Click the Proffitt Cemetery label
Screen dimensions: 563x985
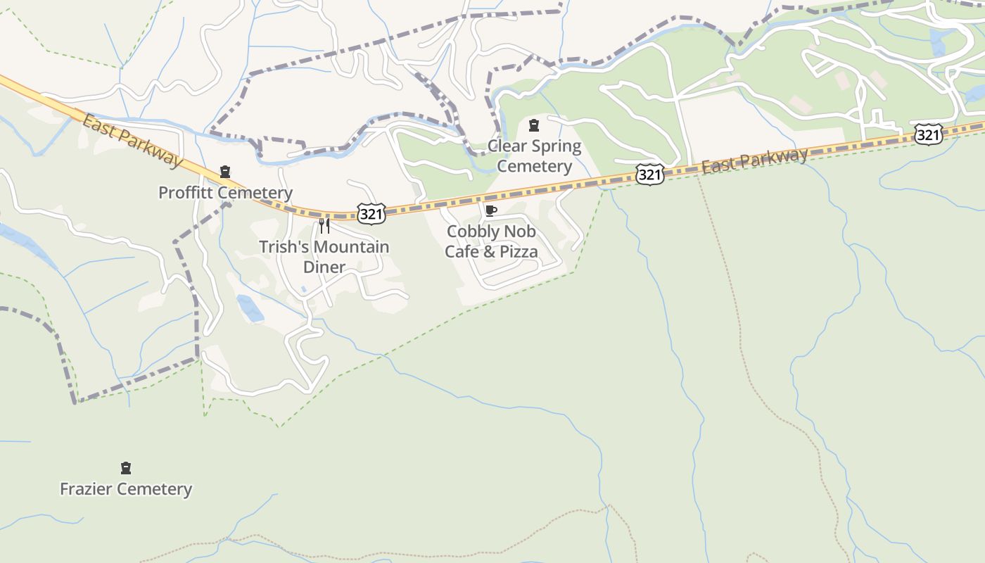(x=225, y=192)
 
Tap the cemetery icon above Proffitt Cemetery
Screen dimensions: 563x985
(x=225, y=171)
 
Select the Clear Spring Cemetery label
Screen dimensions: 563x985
(x=535, y=156)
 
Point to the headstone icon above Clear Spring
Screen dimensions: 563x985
(x=534, y=125)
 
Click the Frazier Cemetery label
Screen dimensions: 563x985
(x=126, y=488)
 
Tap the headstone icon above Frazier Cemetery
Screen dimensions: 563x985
(x=126, y=468)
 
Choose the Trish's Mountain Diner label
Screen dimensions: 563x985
(x=324, y=257)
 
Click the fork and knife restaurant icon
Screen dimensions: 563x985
(x=324, y=225)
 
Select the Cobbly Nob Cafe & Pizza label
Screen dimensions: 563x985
(x=491, y=241)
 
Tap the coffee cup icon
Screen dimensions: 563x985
(x=491, y=210)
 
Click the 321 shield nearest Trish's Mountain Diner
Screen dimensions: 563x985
(x=371, y=214)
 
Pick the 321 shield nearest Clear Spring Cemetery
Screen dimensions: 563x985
(x=649, y=175)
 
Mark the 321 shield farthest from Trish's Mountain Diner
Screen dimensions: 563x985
(x=928, y=134)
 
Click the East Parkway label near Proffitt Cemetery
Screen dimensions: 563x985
(x=132, y=141)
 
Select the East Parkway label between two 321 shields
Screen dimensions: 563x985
(x=754, y=160)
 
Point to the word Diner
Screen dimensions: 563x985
(x=324, y=267)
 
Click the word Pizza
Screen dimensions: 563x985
(x=518, y=252)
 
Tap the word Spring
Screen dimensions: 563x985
(x=558, y=146)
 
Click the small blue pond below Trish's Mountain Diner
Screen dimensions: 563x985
(x=250, y=308)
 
